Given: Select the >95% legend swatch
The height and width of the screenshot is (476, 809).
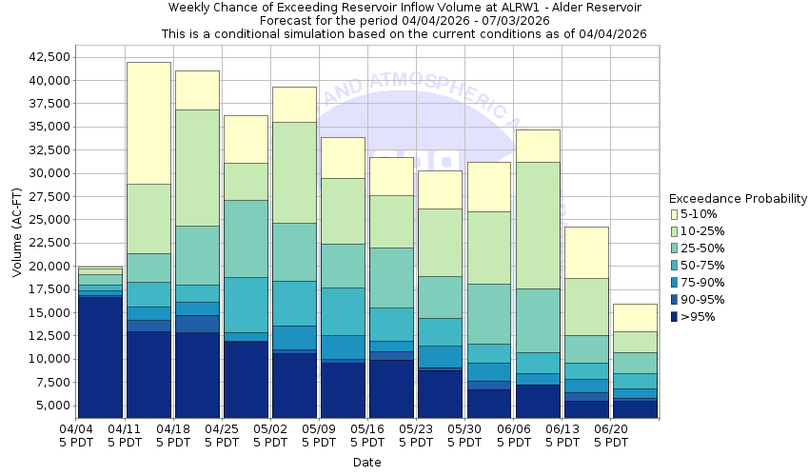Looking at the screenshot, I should (675, 317).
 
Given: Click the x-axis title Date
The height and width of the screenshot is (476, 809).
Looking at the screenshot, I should (366, 463).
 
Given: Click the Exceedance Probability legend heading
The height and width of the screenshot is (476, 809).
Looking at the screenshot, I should (738, 199).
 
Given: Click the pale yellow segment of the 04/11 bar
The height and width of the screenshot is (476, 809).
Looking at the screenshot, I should (148, 123).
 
